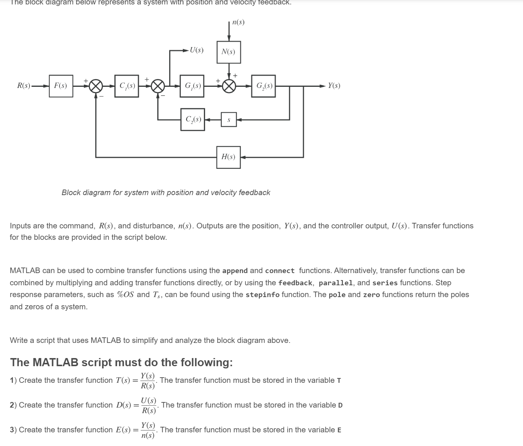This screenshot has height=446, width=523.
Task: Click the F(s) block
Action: point(61,86)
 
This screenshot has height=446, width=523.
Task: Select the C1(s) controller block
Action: point(127,86)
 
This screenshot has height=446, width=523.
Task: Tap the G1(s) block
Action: point(192,86)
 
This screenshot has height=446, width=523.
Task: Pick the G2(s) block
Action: point(263,86)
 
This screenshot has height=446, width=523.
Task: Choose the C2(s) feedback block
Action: point(192,119)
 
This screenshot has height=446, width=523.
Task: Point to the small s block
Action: point(229,120)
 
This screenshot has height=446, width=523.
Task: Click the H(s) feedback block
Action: point(228,157)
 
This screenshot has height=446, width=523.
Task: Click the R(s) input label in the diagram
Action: point(24,86)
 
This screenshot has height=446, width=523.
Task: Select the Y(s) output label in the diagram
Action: point(334,86)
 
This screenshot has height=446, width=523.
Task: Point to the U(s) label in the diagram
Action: point(196,50)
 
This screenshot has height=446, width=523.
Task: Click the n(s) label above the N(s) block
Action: point(238,22)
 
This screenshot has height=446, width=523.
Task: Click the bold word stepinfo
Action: point(262,295)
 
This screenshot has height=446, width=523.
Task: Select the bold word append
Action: point(235,271)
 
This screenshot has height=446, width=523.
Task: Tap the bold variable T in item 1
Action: point(339,381)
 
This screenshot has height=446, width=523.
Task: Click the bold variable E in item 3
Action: point(339,430)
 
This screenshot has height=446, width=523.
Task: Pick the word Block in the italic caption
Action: point(71,193)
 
